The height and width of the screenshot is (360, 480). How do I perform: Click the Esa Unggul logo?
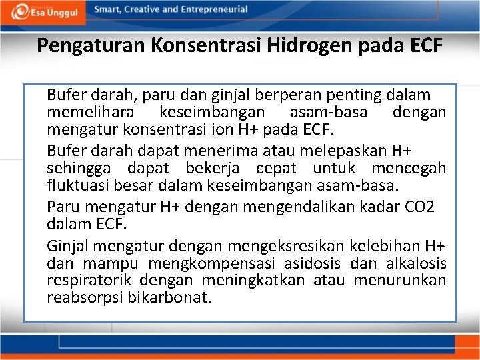point(44,11)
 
